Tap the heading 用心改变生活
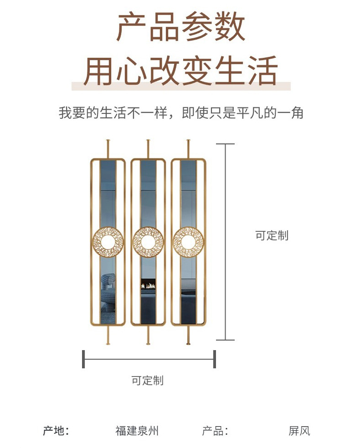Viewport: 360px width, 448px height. click(x=180, y=71)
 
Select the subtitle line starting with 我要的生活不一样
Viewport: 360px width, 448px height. click(x=180, y=113)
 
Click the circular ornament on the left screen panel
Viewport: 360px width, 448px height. click(x=108, y=242)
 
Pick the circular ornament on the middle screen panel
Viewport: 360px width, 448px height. click(x=148, y=242)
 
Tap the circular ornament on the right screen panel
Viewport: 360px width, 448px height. click(x=188, y=242)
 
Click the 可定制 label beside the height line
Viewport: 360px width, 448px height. click(x=272, y=235)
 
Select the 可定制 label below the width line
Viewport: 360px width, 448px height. click(x=147, y=381)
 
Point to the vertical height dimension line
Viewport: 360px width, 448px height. click(x=225, y=242)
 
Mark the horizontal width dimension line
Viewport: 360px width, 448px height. click(x=149, y=359)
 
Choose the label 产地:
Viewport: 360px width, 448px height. click(x=56, y=431)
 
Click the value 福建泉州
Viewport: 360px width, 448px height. click(x=137, y=431)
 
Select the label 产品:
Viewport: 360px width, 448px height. click(x=215, y=431)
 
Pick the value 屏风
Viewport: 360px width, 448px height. click(x=299, y=431)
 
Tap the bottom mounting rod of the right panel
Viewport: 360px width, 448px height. click(x=188, y=335)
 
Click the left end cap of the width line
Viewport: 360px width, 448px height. click(x=83, y=359)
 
